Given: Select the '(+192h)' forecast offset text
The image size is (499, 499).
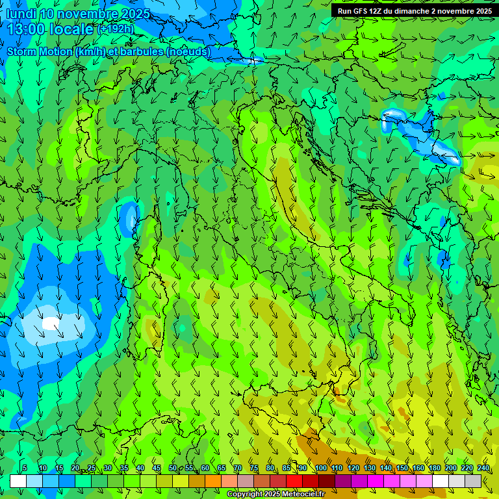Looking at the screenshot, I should (115, 29).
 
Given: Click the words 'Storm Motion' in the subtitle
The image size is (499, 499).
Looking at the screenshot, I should (39, 51).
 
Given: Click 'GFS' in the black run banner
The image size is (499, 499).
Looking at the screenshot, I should (361, 11).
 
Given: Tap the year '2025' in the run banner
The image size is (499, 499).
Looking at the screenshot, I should (481, 11).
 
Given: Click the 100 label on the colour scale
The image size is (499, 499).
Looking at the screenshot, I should (321, 468).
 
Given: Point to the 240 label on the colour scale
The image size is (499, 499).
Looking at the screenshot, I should (483, 468).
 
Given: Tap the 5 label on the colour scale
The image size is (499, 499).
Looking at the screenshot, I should (25, 468).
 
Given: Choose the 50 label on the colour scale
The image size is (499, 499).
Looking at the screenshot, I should (172, 468).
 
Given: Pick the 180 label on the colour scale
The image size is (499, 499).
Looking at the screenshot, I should (435, 468).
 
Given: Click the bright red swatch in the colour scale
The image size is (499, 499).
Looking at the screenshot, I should (294, 481).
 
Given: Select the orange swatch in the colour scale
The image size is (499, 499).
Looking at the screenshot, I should (213, 481).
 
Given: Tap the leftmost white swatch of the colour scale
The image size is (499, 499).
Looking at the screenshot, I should (18, 481).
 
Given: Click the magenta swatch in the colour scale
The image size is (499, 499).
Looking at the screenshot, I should (376, 481).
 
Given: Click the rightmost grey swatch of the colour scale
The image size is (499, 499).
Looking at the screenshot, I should (473, 481).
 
